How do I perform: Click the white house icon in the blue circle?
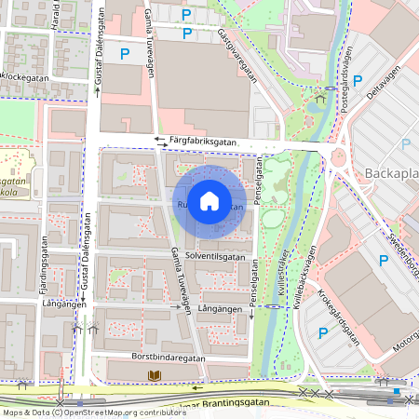point(209,200)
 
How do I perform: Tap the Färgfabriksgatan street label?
point(204,142)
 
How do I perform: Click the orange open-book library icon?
point(155,374)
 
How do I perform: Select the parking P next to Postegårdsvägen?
point(358,80)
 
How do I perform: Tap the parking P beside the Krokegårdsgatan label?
point(323,332)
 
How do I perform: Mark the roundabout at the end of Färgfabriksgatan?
point(338,158)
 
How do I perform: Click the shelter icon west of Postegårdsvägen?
point(320,96)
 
